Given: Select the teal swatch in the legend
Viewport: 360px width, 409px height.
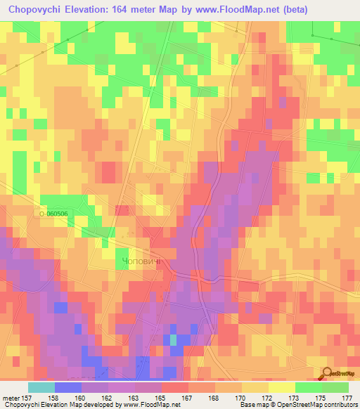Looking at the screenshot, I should point(41,387).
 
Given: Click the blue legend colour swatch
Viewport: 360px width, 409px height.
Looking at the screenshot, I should point(67,387).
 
